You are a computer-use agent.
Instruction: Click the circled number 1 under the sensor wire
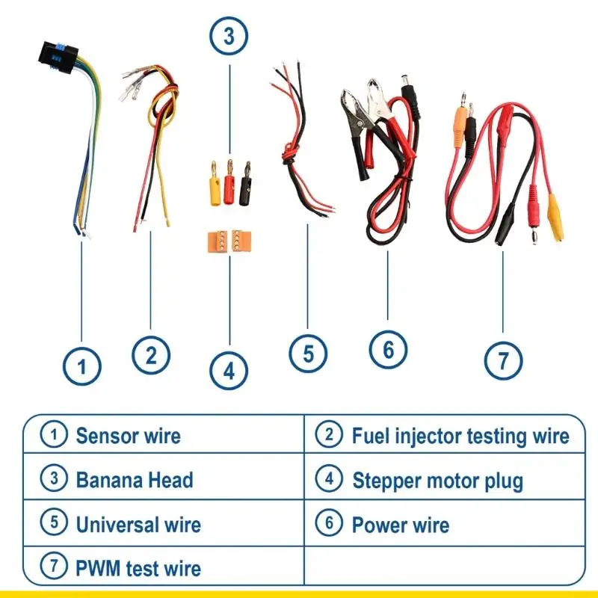[x=81, y=367]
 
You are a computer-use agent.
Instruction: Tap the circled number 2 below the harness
[x=150, y=354]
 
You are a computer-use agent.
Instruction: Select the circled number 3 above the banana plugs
[x=229, y=35]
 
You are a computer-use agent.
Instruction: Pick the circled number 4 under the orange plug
[x=229, y=370]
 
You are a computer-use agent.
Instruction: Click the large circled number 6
[x=388, y=349]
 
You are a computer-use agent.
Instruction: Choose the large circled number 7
[x=502, y=361]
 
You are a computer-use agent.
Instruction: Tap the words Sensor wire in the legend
[x=128, y=435]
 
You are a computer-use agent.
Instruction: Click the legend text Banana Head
[x=135, y=479]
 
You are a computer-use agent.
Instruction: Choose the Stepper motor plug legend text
[x=437, y=480]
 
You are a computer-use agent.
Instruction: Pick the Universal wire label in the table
[x=138, y=524]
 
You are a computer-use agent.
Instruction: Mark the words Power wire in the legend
[x=401, y=525]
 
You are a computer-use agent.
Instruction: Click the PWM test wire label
[x=138, y=568]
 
